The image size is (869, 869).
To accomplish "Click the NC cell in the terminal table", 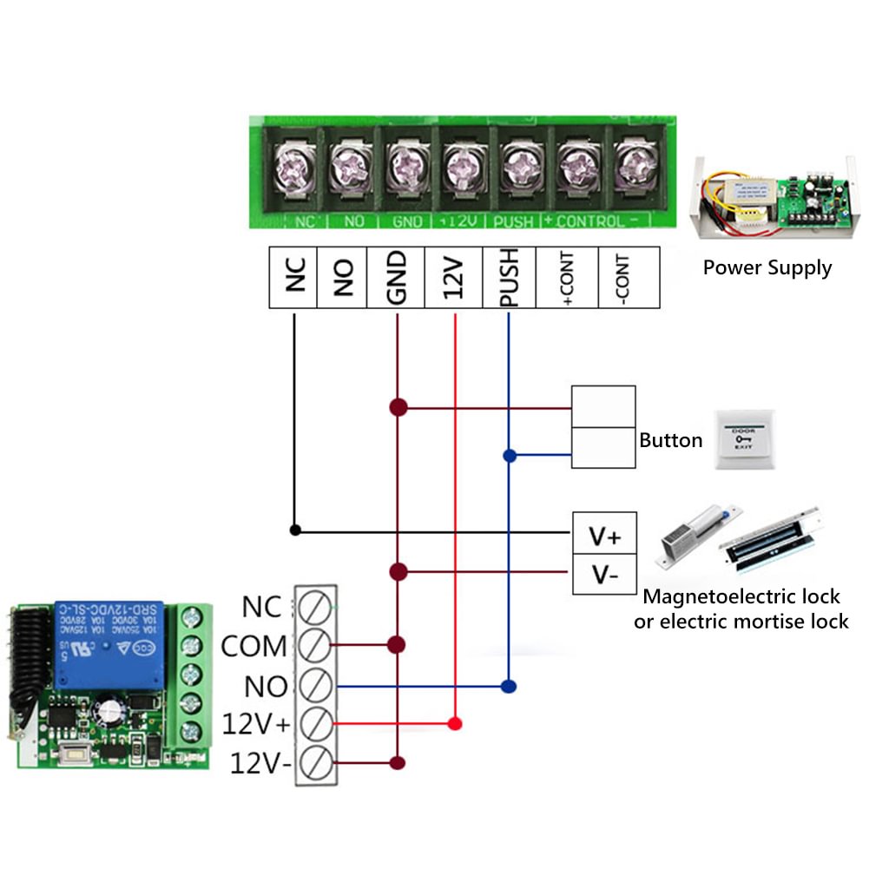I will point(293,277).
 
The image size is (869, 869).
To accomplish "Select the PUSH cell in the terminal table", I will point(509,277).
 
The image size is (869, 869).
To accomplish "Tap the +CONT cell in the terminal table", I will point(567,277).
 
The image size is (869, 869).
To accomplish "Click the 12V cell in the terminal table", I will point(453,277).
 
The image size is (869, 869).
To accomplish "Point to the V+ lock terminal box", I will point(604,537).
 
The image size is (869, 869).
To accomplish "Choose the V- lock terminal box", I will point(604,574).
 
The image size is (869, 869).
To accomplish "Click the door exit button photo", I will point(742,440).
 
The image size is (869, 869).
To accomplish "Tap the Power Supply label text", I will point(767,267).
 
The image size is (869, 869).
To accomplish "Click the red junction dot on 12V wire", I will point(454,723).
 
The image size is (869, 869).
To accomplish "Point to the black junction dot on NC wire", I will point(295,530).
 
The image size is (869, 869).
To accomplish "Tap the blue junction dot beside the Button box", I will point(509,455).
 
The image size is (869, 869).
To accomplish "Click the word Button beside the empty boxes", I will point(670,440).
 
